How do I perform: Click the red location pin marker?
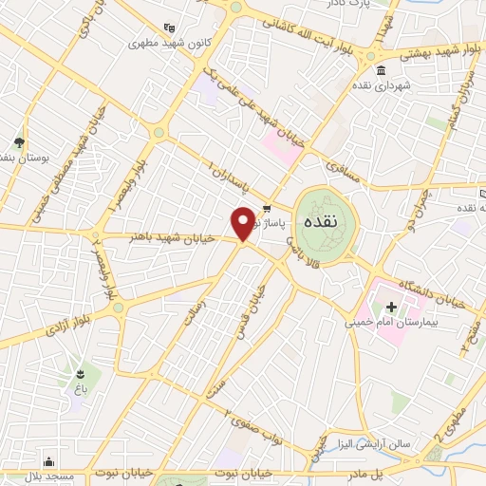pyautogui.click(x=243, y=223)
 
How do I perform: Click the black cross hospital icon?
pyautogui.click(x=390, y=307)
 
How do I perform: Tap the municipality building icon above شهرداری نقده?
pyautogui.click(x=381, y=72)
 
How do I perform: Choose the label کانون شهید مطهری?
pyautogui.click(x=168, y=44)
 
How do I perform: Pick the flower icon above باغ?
pyautogui.click(x=80, y=372)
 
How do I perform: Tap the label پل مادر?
pyautogui.click(x=388, y=471)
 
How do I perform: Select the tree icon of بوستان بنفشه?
pyautogui.click(x=19, y=142)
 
